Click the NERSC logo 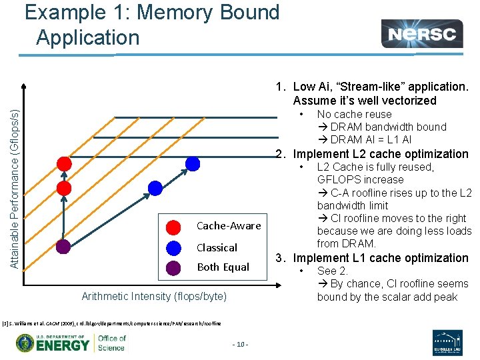422,34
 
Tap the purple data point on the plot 63,247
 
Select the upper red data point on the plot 64,163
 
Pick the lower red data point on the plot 63,188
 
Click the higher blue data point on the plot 193,163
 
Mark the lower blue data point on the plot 155,188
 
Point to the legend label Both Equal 223,267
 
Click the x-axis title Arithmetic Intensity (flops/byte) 154,296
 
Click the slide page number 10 240,345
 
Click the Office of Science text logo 111,343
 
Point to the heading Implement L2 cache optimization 381,154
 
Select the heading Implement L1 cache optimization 381,258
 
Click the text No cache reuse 354,115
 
